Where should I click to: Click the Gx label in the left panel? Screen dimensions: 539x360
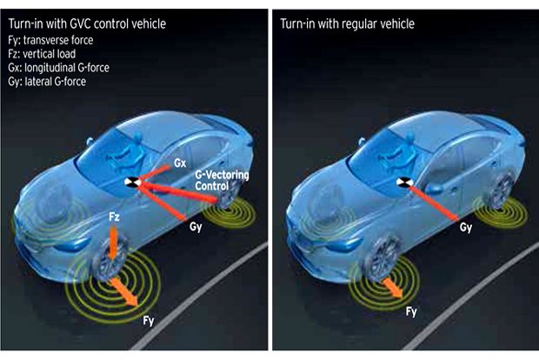(180, 163)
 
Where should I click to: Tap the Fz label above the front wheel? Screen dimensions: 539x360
(114, 217)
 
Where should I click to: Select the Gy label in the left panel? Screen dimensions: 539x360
(196, 227)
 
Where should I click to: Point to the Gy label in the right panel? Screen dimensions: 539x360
(466, 228)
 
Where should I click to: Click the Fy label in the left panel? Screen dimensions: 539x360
(149, 321)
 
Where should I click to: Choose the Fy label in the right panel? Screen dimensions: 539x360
(411, 312)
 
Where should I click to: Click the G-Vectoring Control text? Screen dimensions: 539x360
(222, 180)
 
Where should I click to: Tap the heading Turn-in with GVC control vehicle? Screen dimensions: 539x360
(87, 23)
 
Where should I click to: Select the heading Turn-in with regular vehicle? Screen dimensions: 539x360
(347, 23)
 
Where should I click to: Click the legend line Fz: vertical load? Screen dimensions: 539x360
(42, 54)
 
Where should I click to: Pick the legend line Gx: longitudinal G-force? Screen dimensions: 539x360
(58, 68)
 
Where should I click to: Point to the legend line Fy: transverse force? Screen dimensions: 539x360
(50, 40)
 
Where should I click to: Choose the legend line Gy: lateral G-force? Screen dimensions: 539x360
(47, 82)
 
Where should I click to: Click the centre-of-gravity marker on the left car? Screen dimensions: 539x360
(132, 183)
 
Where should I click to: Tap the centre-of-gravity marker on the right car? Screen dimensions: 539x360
(404, 183)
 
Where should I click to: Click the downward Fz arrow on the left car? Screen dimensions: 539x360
(112, 243)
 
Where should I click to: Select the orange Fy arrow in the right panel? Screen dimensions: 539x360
(393, 288)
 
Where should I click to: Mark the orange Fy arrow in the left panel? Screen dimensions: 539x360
(123, 291)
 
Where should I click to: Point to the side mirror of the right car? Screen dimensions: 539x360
(434, 189)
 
